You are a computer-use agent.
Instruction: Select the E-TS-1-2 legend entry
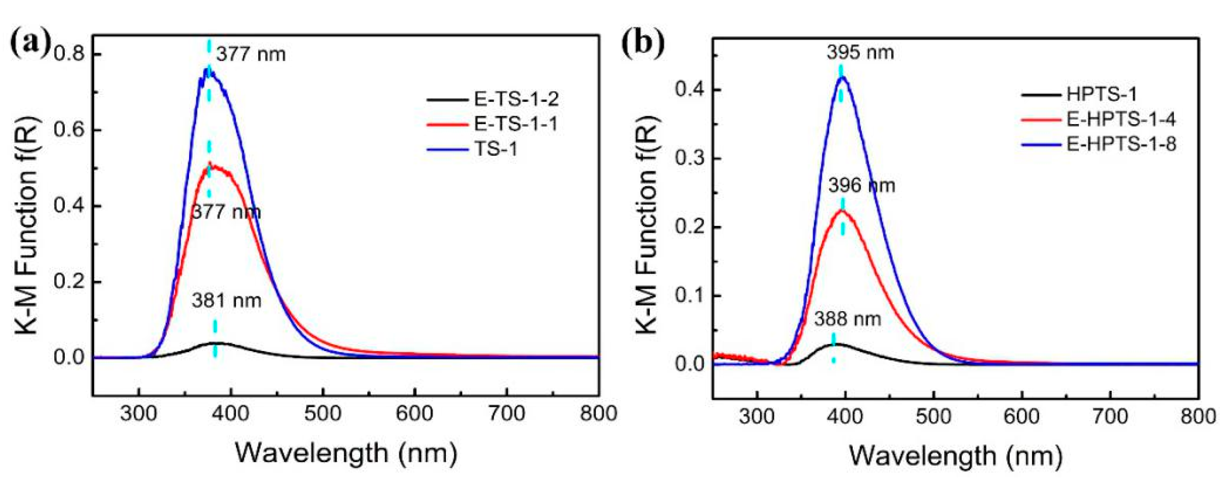click(x=516, y=99)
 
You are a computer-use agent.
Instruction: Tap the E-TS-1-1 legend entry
click(x=516, y=124)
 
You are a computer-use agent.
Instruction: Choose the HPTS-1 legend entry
click(x=1101, y=94)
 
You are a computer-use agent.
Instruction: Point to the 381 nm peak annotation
click(x=227, y=301)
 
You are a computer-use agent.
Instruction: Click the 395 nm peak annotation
click(x=861, y=52)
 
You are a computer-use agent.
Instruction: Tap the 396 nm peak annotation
click(x=862, y=185)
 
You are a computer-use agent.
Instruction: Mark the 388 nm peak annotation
click(x=848, y=319)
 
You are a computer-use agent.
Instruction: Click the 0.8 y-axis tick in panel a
click(x=69, y=54)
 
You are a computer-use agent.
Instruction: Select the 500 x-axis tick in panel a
click(x=323, y=414)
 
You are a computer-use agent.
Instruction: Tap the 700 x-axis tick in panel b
click(x=1110, y=417)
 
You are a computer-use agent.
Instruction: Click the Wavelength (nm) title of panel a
click(x=346, y=452)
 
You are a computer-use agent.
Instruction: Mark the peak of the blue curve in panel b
click(x=843, y=77)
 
